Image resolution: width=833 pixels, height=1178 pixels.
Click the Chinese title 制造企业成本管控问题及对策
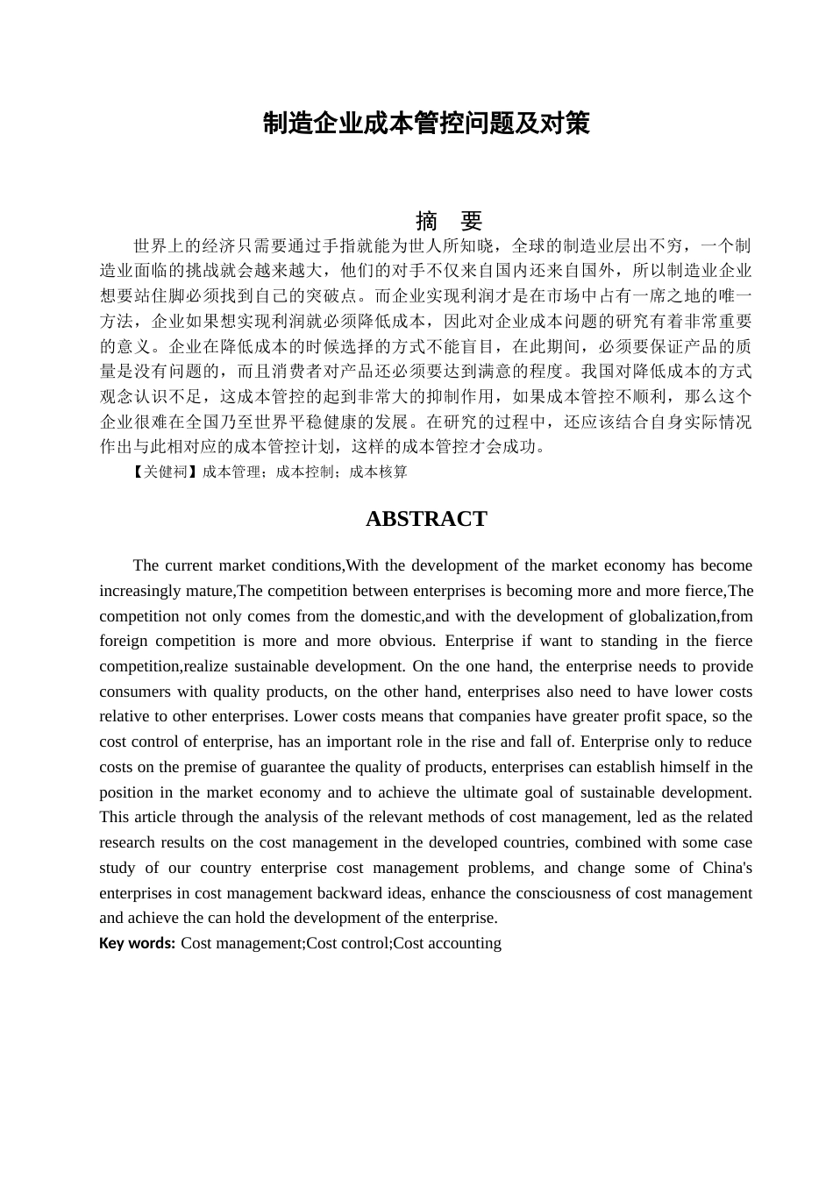426,124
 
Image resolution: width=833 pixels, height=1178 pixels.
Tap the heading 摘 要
449,220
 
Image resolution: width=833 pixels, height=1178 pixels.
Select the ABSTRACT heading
426,519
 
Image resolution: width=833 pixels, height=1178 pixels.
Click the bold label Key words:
137,943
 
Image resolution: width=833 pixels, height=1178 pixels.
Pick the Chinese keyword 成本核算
379,472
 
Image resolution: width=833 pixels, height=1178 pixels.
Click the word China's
727,868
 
